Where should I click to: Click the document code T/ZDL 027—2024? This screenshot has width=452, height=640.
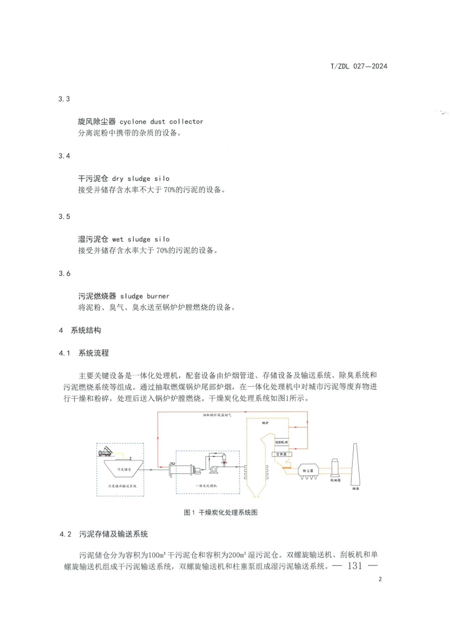click(x=359, y=67)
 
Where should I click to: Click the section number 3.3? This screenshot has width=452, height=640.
click(x=64, y=99)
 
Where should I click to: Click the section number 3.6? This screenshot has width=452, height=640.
click(x=64, y=274)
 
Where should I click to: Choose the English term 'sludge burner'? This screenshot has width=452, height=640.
click(x=145, y=296)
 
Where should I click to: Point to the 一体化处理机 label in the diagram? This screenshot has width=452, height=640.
click(x=206, y=484)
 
